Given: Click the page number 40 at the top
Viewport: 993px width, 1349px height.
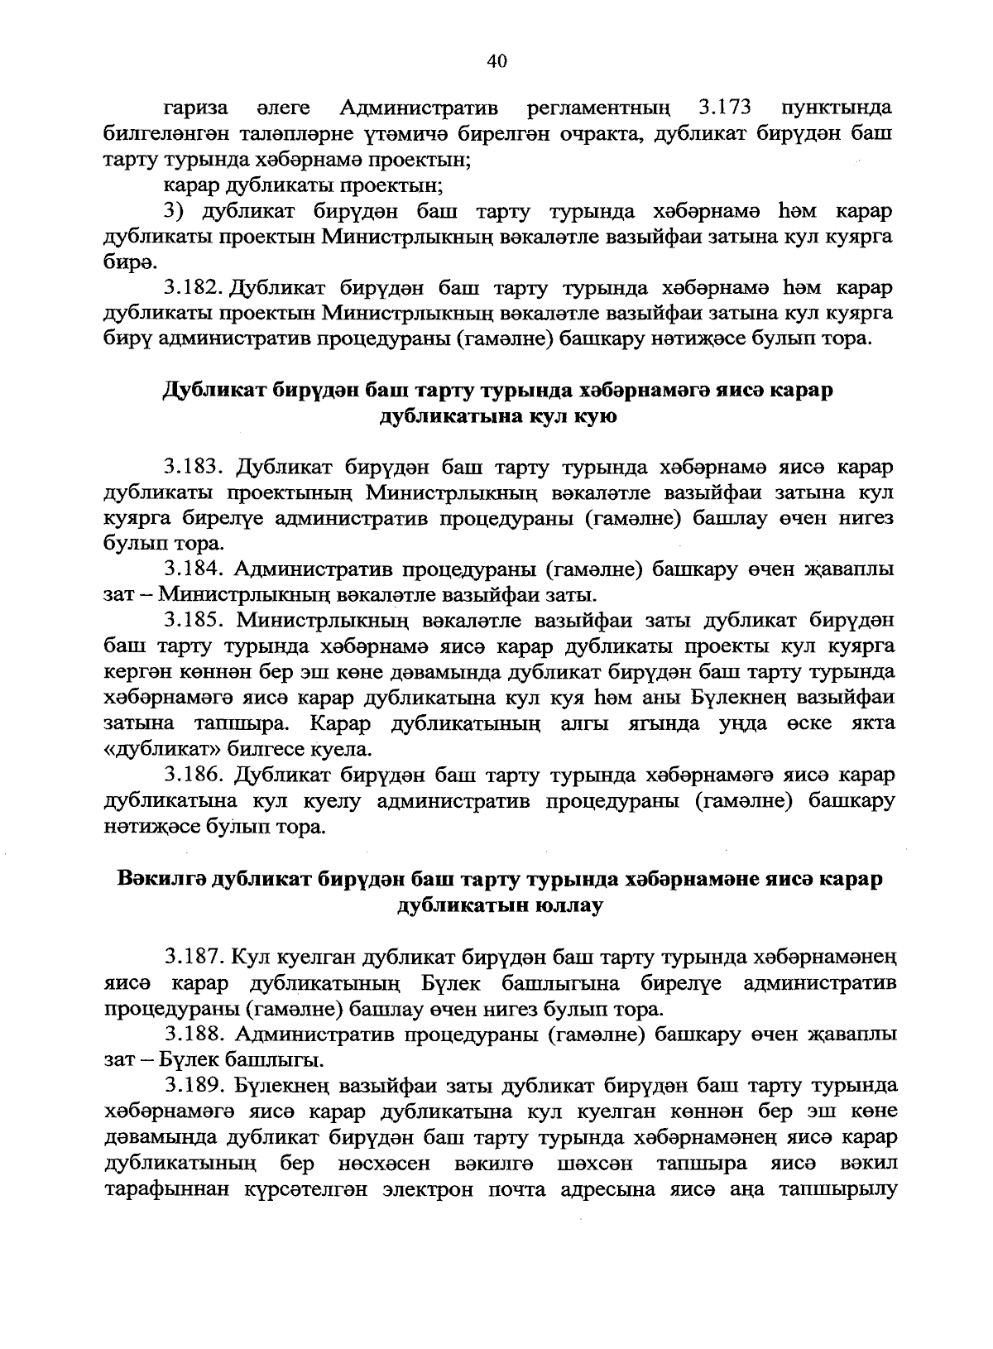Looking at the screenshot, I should (x=496, y=61).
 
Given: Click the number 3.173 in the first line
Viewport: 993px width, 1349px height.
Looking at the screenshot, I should (x=724, y=108).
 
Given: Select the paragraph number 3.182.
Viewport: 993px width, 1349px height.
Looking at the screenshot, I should (x=194, y=288).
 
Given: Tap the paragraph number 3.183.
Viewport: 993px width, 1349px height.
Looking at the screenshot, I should (x=195, y=468).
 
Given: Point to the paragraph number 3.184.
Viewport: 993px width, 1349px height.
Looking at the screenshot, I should (x=195, y=569).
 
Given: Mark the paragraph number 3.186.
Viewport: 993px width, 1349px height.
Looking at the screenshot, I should (x=195, y=775).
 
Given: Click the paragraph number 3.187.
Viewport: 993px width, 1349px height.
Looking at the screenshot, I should (x=195, y=958).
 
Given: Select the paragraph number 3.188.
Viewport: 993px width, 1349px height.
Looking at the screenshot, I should (x=195, y=1034).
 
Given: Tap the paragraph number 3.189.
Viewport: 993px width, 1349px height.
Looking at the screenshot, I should (x=195, y=1085).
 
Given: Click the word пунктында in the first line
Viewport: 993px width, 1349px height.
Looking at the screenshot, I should (x=836, y=108).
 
